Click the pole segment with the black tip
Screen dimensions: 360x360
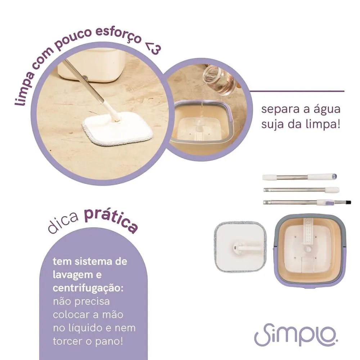click(306, 203)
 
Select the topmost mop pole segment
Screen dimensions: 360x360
click(299, 177)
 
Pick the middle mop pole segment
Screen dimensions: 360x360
click(301, 190)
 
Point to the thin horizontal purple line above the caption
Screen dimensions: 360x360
click(297, 91)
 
